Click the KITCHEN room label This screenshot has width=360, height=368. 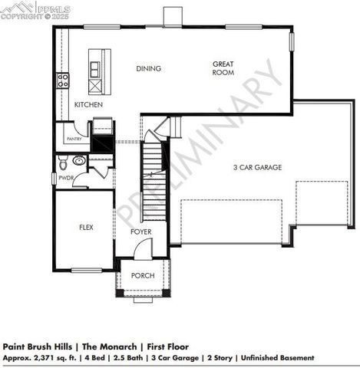point(89,104)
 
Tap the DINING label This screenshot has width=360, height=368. point(149,69)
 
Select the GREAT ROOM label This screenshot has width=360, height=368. point(223,68)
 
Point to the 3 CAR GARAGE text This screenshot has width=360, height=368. point(258,167)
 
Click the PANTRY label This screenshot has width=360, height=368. point(74,139)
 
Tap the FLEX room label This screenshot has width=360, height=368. point(87,228)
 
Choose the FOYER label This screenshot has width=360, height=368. point(140,232)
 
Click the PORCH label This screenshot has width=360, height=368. point(143,276)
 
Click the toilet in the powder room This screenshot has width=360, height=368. point(79,161)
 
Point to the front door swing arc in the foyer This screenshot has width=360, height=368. point(144,248)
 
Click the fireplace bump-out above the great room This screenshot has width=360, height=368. point(172,16)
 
